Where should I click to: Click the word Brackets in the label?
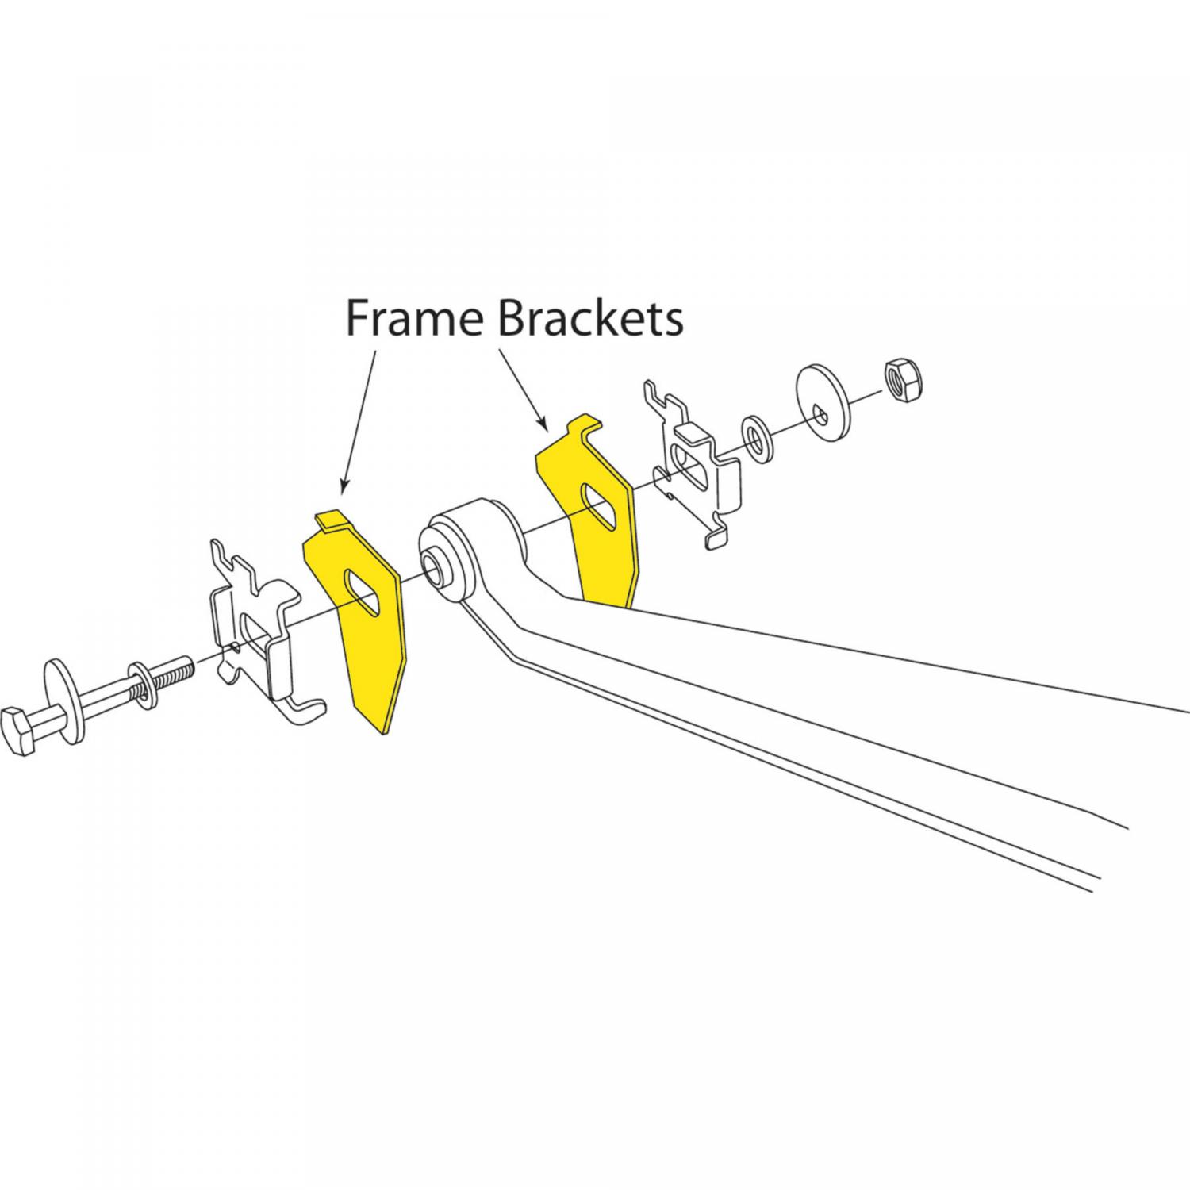pyautogui.click(x=589, y=319)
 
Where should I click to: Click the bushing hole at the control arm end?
pyautogui.click(x=433, y=566)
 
